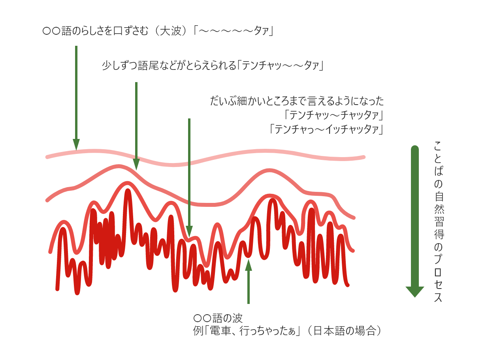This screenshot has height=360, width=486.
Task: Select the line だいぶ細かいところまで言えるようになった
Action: [x=297, y=101]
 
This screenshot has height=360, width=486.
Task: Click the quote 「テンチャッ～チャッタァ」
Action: [x=334, y=115]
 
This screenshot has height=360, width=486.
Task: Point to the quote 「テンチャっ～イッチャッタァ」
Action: [x=326, y=129]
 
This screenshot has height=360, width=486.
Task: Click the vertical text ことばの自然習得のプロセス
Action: [x=439, y=221]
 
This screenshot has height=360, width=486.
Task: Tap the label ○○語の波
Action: [x=218, y=318]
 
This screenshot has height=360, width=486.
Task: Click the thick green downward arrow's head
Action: [x=415, y=292]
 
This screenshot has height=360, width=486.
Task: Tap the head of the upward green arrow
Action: [x=248, y=265]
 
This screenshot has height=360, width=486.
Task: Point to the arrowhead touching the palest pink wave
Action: [x=76, y=144]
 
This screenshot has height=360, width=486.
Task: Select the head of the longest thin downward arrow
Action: [x=189, y=231]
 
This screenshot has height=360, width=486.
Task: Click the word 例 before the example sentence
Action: [x=198, y=331]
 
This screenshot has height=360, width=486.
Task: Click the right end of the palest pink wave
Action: [x=364, y=157]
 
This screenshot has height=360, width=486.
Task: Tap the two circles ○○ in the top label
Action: [x=51, y=31]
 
